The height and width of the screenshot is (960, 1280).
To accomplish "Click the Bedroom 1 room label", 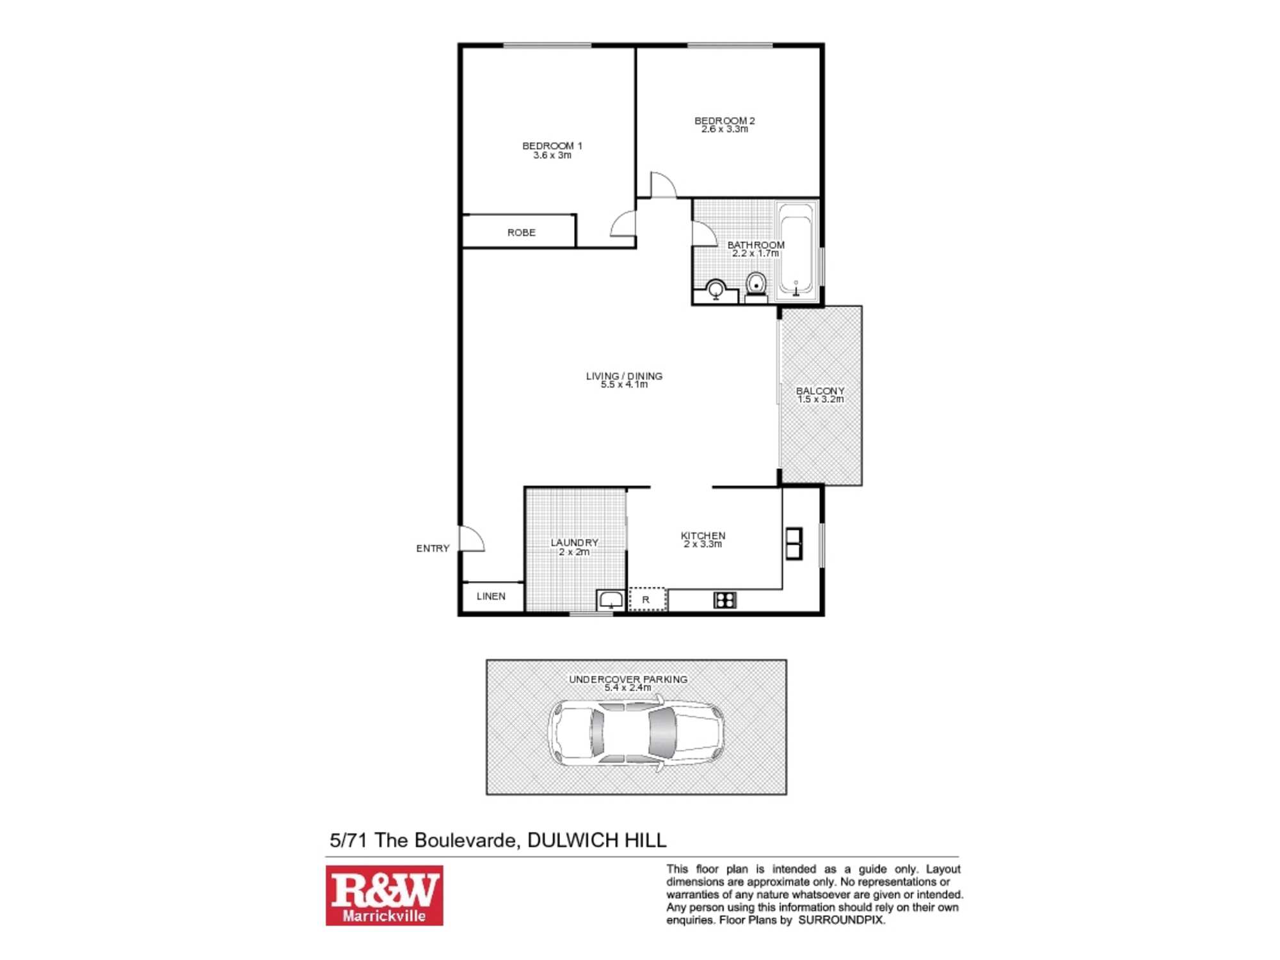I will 552,146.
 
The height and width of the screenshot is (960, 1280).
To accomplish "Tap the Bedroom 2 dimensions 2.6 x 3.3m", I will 724,129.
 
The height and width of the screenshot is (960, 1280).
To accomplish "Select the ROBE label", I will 521,232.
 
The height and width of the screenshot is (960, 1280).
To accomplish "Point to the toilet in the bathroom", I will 756,285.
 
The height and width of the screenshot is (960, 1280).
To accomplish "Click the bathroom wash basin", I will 716,290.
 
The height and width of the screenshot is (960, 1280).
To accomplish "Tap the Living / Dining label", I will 624,376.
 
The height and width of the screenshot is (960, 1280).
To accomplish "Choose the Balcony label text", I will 820,390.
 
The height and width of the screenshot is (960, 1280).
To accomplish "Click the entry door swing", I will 472,539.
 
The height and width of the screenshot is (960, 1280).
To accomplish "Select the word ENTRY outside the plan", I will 433,548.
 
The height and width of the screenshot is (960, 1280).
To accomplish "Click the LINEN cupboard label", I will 491,596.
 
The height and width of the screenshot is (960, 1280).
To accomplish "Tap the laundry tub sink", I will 610,600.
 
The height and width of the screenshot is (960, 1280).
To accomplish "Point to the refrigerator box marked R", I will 646,600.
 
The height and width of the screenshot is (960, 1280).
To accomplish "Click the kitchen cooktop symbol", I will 724,600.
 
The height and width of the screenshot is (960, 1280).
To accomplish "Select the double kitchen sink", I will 794,543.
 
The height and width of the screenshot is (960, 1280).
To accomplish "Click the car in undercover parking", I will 636,733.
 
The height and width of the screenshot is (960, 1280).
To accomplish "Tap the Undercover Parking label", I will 628,679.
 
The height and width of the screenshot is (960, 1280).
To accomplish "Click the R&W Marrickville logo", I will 384,895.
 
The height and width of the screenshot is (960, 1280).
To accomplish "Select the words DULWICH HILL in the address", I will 596,840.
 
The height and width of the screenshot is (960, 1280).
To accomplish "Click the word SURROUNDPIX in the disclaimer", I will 840,920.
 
